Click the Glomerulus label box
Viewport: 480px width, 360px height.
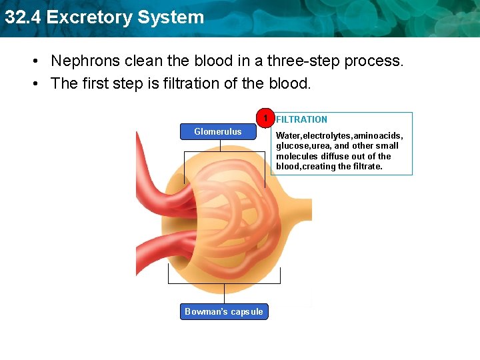[218, 132]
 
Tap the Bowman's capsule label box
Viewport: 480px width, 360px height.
[224, 311]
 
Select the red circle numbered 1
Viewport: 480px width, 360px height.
[265, 119]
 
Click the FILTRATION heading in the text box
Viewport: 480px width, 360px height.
[301, 119]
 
